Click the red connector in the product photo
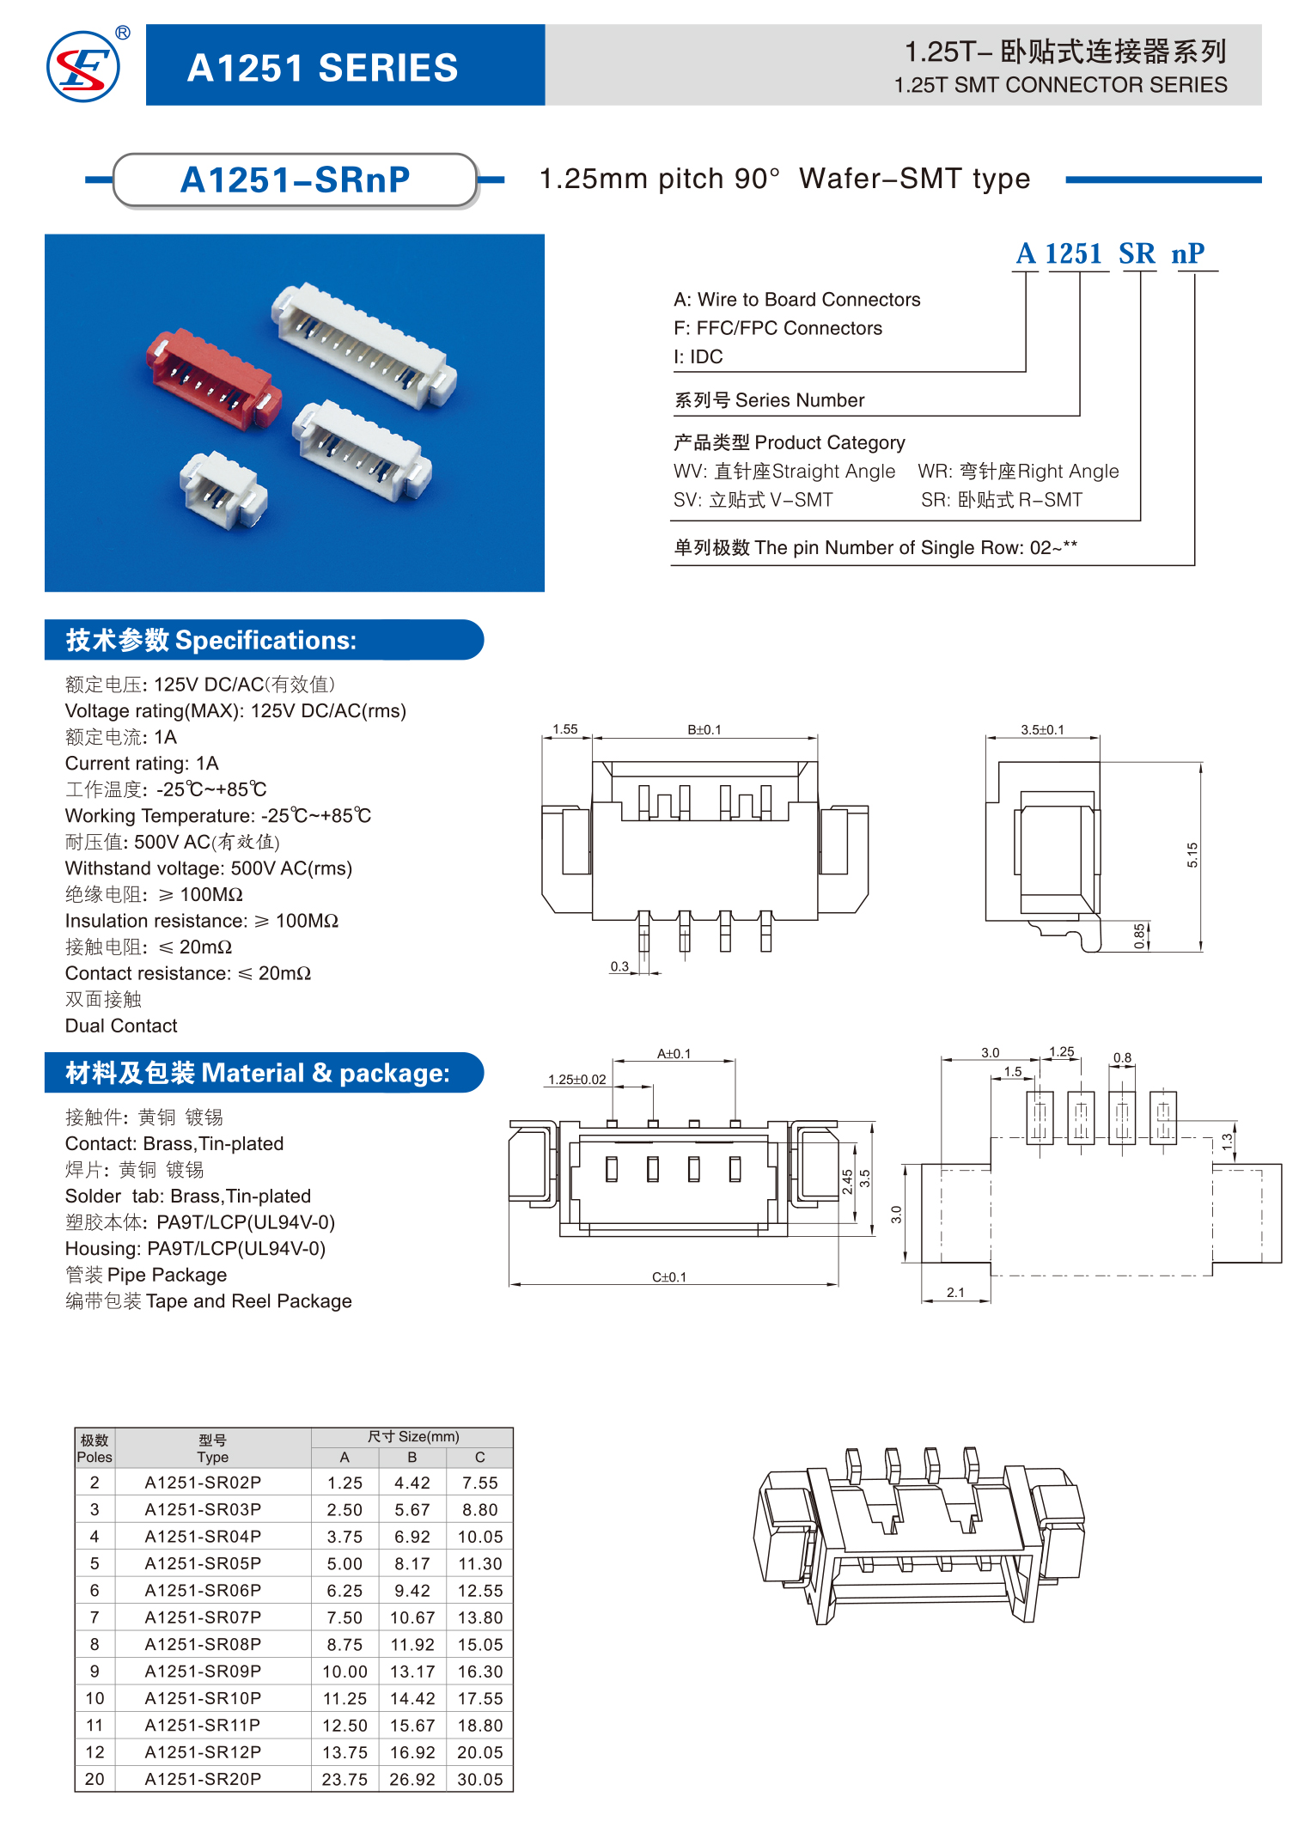[x=212, y=381]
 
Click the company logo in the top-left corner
[x=83, y=66]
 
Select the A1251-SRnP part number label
[x=295, y=180]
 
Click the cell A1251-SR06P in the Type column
[x=203, y=1590]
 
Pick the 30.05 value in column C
[x=480, y=1779]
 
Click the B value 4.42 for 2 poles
[x=412, y=1483]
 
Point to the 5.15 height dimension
[x=1192, y=855]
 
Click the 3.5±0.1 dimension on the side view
[x=1042, y=730]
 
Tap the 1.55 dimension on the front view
[x=564, y=729]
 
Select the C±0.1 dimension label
[x=669, y=1277]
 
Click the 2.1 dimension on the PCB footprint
[x=955, y=1292]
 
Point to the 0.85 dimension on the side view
[x=1139, y=935]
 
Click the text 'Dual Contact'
[x=121, y=1026]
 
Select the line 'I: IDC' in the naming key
[x=698, y=356]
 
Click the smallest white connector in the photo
[x=223, y=490]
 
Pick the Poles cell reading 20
[x=95, y=1779]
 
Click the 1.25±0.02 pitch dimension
[x=577, y=1080]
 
